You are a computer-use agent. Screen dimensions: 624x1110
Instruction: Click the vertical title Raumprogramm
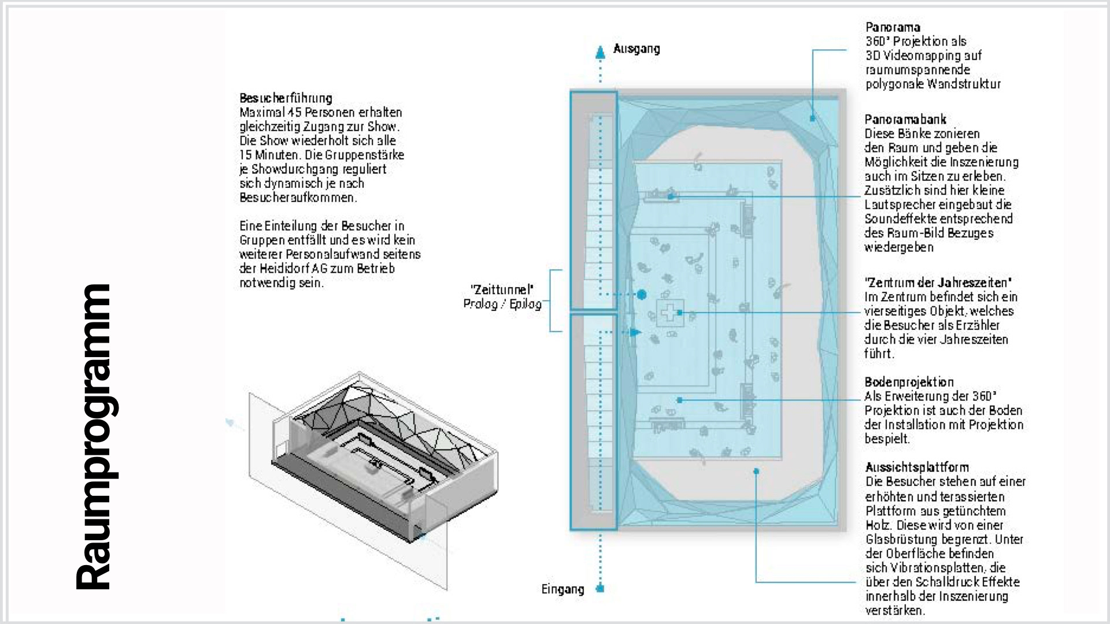click(x=94, y=436)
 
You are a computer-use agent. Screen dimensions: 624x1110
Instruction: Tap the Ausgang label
click(x=637, y=49)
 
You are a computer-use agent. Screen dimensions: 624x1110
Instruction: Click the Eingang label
click(x=563, y=589)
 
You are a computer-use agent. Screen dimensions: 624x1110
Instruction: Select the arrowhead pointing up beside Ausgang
click(x=601, y=52)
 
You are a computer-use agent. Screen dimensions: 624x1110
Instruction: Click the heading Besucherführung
click(x=286, y=98)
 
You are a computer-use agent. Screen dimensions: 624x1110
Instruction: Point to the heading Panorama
click(x=893, y=27)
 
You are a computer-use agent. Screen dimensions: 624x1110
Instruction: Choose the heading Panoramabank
click(x=905, y=120)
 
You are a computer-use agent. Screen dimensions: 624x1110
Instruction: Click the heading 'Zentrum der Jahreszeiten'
click(x=938, y=283)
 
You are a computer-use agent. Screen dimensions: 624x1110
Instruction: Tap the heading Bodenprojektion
click(x=909, y=382)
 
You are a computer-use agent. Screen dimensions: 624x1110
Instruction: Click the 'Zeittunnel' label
click(x=502, y=289)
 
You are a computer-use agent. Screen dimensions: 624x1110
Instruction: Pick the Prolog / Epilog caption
click(x=502, y=304)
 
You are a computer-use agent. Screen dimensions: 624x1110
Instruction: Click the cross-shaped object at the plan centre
click(x=669, y=313)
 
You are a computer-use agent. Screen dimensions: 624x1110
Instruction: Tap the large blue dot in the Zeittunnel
click(x=641, y=295)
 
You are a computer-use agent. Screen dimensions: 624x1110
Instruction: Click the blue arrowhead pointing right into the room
click(x=635, y=332)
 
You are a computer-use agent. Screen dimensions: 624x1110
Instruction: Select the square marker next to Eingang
click(x=600, y=589)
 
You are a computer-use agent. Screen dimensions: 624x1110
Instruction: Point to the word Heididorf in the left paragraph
click(x=284, y=269)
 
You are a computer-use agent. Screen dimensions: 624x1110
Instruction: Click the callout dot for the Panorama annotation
click(x=812, y=118)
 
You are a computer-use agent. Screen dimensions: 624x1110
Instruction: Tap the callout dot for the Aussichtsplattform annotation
click(x=756, y=471)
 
